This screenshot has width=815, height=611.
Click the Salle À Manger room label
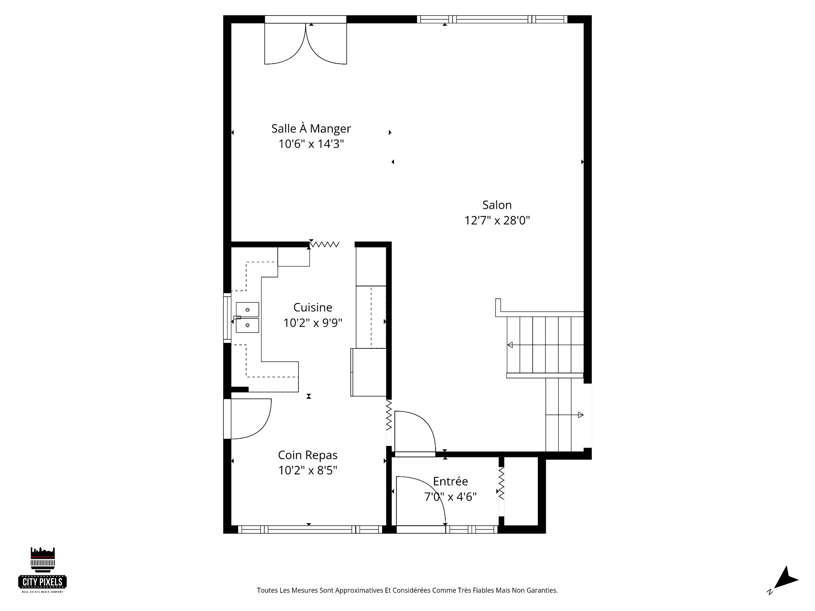311,128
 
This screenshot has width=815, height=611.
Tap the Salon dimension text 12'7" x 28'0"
497,221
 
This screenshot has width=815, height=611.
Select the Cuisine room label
313,307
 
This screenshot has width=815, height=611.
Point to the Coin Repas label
308,455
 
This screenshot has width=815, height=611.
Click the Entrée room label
450,481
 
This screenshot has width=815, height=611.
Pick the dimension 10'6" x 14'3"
311,144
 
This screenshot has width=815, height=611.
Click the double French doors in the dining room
306,42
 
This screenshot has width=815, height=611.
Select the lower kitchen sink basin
247,325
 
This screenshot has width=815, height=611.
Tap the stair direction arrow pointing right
565,415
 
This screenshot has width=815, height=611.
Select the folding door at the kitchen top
324,244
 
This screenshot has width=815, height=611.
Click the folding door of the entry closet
501,484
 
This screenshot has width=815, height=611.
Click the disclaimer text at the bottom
407,590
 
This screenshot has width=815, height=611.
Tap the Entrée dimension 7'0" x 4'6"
450,496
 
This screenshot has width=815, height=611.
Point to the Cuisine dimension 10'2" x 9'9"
313,323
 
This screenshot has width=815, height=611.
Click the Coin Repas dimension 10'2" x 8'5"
308,471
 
